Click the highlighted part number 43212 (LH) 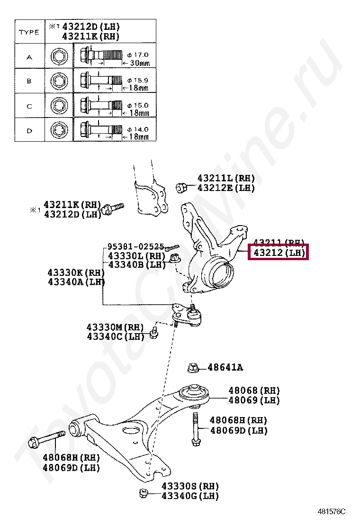pyautogui.click(x=279, y=253)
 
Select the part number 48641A pyautogui.click(x=225, y=367)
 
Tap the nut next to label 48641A pyautogui.click(x=193, y=367)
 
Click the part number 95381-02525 pyautogui.click(x=135, y=247)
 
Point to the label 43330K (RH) pyautogui.click(x=76, y=273)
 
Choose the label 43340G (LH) pyautogui.click(x=190, y=496)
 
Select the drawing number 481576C pyautogui.click(x=332, y=512)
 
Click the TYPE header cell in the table pyautogui.click(x=29, y=32)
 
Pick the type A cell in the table pyautogui.click(x=29, y=57)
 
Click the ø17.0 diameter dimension pyautogui.click(x=138, y=55)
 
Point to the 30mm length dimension pyautogui.click(x=140, y=63)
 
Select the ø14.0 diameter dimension pyautogui.click(x=138, y=129)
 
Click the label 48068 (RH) pyautogui.click(x=254, y=391)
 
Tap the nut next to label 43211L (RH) pyautogui.click(x=180, y=188)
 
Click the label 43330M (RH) pyautogui.click(x=115, y=327)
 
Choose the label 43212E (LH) pyautogui.click(x=226, y=188)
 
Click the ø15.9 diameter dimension pyautogui.click(x=138, y=80)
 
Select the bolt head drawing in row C pyautogui.click(x=58, y=104)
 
